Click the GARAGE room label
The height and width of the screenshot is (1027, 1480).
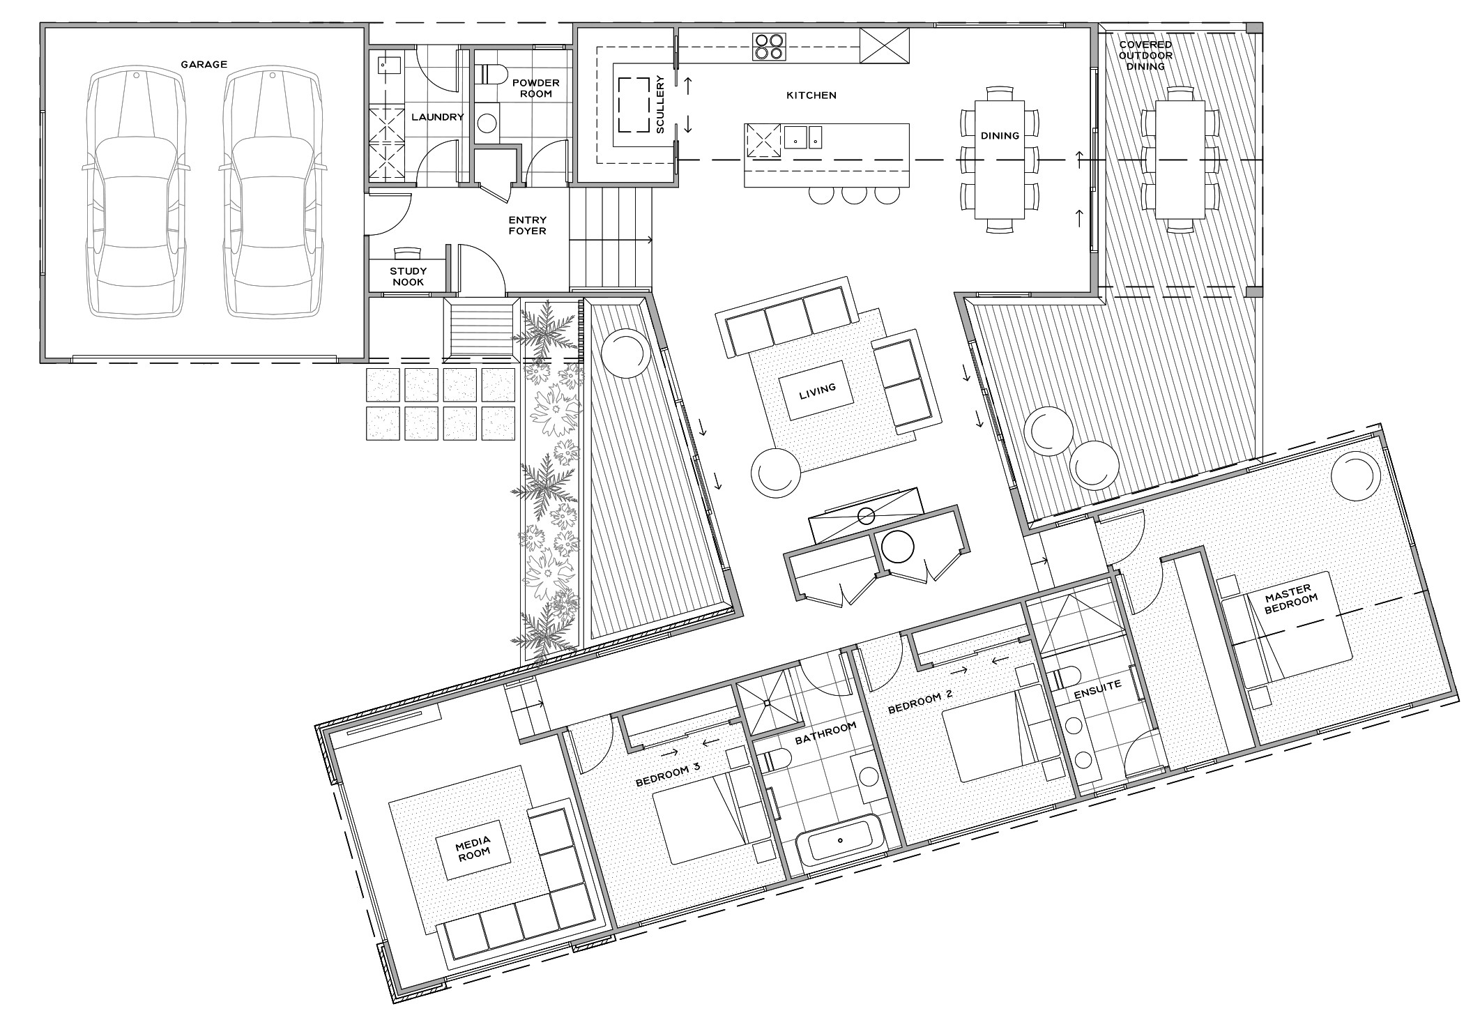click(204, 64)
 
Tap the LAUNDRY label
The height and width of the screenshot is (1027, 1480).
click(438, 117)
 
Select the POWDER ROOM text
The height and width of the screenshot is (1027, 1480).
click(535, 88)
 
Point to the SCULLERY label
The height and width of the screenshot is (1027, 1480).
click(661, 105)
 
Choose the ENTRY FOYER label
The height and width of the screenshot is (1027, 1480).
click(527, 225)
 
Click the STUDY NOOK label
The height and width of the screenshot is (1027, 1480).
click(409, 277)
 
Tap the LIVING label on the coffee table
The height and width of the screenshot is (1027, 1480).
click(817, 389)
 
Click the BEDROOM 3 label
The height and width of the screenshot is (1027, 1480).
click(668, 774)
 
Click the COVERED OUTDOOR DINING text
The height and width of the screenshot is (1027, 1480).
click(1146, 55)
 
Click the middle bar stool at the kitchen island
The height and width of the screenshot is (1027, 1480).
click(854, 194)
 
